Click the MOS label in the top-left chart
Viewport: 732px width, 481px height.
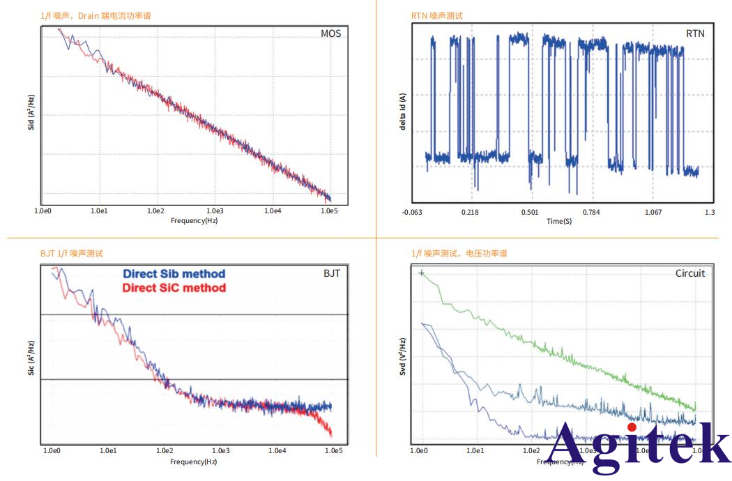click(330, 34)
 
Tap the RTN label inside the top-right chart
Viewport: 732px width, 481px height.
click(694, 33)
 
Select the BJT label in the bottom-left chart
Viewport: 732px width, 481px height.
click(331, 273)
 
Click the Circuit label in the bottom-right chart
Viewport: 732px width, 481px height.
click(690, 273)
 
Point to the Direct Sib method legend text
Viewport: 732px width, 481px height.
click(174, 275)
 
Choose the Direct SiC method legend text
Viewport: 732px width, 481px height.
click(174, 288)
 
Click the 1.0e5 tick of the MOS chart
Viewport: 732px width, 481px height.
click(331, 211)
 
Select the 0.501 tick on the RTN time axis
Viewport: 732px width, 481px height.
click(530, 212)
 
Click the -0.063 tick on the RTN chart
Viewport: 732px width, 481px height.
click(413, 212)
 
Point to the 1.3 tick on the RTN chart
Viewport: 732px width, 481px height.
click(710, 212)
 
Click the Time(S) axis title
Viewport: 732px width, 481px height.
click(559, 221)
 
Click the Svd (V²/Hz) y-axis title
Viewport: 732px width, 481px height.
click(403, 358)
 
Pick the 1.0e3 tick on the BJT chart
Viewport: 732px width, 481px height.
click(222, 451)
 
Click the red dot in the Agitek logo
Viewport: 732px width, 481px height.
click(632, 427)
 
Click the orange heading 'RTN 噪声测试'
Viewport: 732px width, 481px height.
click(436, 15)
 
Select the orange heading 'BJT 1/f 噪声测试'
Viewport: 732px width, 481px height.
click(72, 254)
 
